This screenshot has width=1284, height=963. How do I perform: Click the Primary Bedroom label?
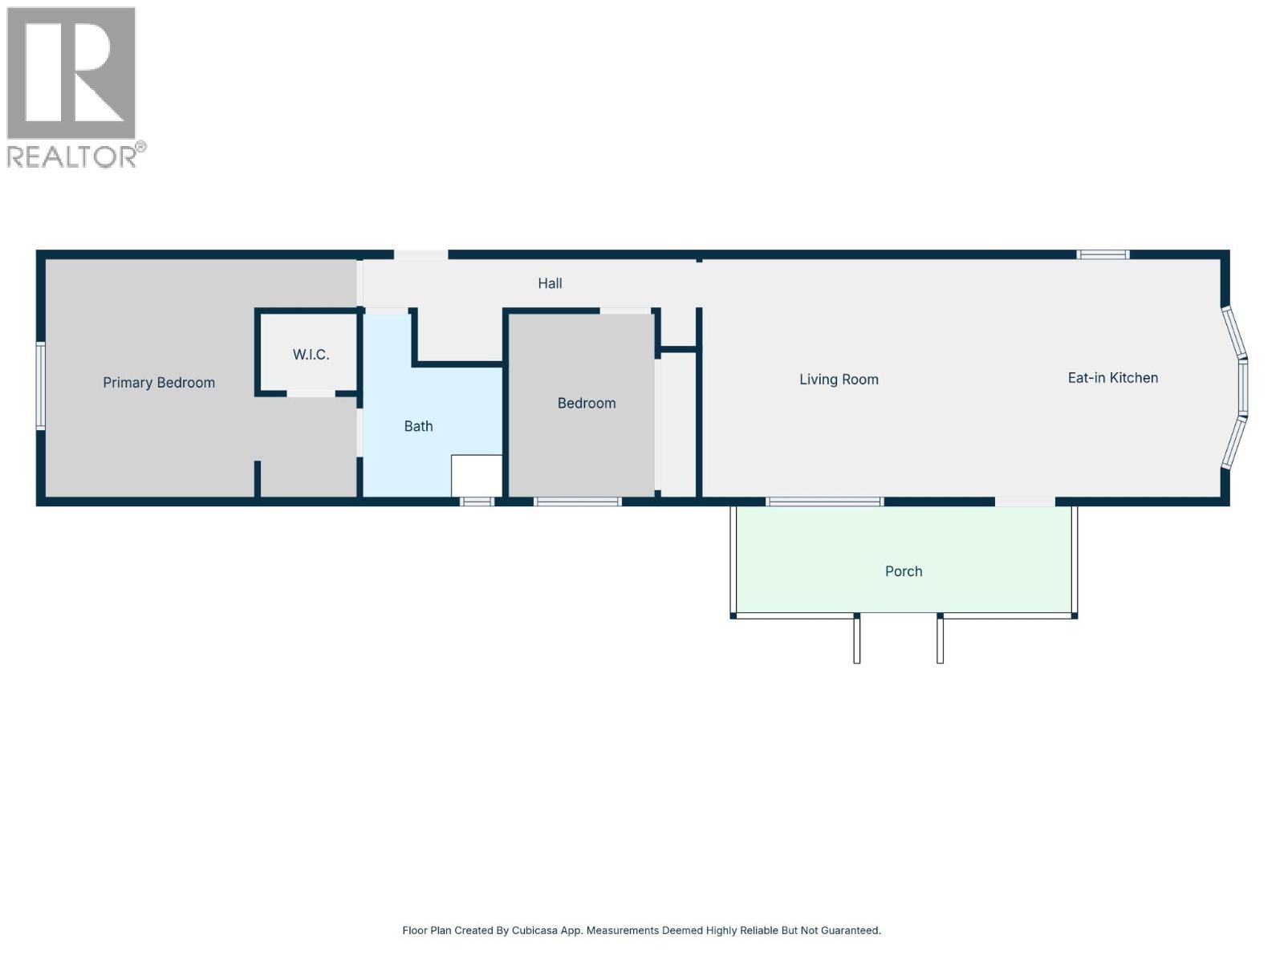point(159,383)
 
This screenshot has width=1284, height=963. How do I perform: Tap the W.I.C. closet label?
point(311,355)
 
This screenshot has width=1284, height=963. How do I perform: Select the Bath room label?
point(418,426)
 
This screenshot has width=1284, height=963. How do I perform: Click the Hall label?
point(550,283)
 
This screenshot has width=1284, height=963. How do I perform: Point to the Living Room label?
point(839,380)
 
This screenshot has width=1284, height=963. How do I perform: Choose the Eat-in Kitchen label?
point(1112,378)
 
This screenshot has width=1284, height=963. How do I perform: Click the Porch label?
point(904,571)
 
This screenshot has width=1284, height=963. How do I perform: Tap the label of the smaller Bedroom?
point(587,403)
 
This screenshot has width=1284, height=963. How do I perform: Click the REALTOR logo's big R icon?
point(71,73)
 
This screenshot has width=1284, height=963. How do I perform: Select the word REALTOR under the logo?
point(72,156)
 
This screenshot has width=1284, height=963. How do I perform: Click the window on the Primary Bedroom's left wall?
point(40,386)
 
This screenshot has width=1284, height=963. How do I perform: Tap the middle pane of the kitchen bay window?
point(1242,387)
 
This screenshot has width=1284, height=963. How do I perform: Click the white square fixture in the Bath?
point(477,476)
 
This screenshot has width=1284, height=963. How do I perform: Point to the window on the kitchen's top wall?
point(1103,254)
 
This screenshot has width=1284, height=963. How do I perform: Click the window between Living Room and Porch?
point(824,502)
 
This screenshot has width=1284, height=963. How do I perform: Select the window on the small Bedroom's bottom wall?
point(578,502)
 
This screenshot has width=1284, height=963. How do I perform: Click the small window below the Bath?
point(477,502)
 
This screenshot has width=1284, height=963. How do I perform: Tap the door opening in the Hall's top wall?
point(421,254)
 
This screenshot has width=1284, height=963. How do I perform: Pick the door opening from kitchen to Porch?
point(1025,502)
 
